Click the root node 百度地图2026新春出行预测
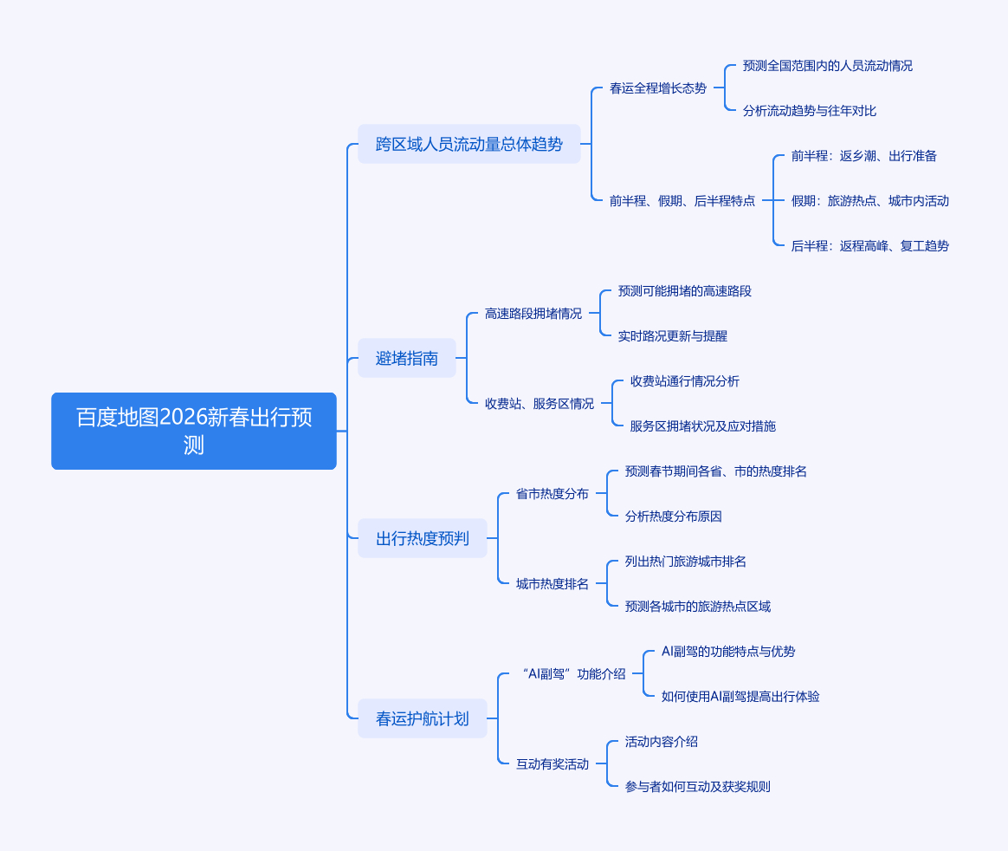[x=194, y=431]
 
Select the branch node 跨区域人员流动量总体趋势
[x=468, y=144]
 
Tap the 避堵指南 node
[x=406, y=358]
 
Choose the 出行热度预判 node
[x=422, y=538]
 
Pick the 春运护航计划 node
[x=422, y=718]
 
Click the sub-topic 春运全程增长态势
[x=657, y=88]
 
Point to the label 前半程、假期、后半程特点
[x=682, y=201]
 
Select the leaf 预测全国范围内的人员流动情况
[x=827, y=66]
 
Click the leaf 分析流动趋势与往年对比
[x=809, y=111]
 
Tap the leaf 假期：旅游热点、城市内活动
[x=869, y=201]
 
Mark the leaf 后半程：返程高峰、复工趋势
[x=869, y=246]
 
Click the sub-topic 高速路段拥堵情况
[x=533, y=314]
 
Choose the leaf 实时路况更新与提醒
[x=672, y=336]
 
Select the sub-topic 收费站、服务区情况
[x=539, y=404]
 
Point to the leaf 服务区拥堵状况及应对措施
[x=702, y=426]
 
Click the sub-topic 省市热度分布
[x=552, y=494]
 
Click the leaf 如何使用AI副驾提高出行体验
[x=740, y=697]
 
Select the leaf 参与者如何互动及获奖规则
[x=697, y=787]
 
